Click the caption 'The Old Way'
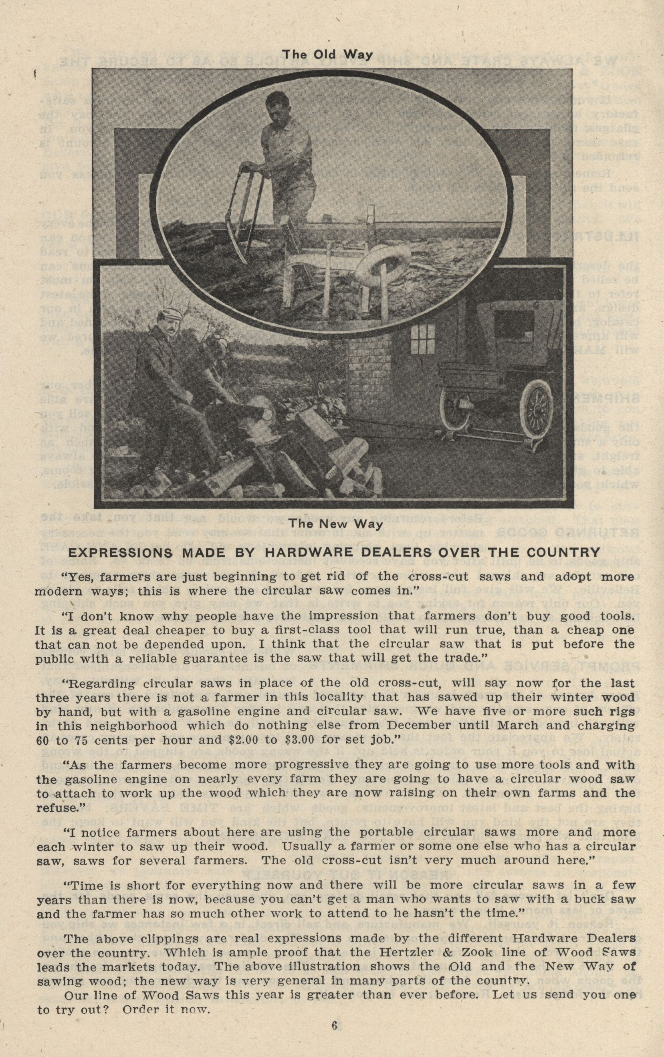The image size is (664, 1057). (x=327, y=54)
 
